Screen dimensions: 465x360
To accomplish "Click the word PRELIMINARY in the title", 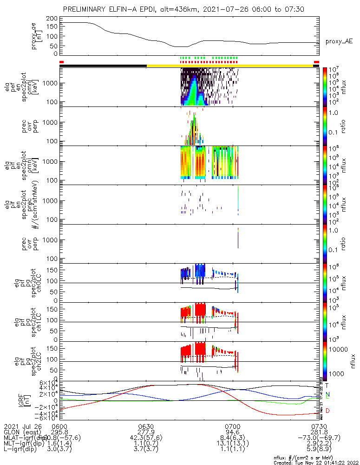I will [x=86, y=9].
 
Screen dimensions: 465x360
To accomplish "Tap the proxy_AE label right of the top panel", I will [x=339, y=41].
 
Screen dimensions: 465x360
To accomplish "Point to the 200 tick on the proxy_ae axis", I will [x=52, y=18].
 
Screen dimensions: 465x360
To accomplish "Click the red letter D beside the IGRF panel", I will [x=327, y=411].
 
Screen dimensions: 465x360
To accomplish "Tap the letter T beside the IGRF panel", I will [x=327, y=385].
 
